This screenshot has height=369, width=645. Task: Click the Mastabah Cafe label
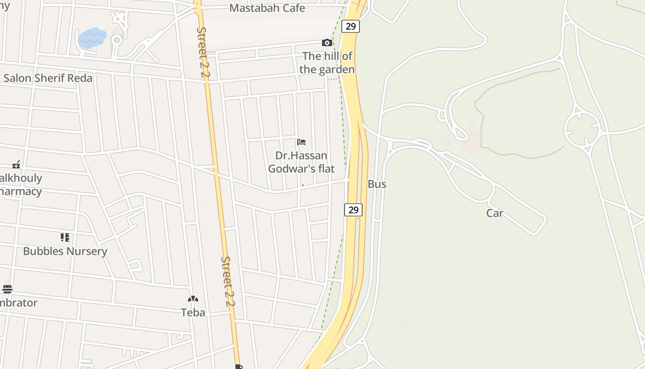coord(267,8)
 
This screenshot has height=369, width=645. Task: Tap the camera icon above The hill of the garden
coord(327,43)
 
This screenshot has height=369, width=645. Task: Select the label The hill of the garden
coord(327,63)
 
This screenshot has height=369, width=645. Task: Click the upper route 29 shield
coord(351,26)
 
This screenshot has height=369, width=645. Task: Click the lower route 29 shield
coord(353,210)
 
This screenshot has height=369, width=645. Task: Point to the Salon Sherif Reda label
coord(48,78)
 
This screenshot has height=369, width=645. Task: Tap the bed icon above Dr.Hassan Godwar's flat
coord(301,142)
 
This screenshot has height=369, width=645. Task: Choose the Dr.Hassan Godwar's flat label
coord(301,162)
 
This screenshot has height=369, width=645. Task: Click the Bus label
coord(377,184)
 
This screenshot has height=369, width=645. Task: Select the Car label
coord(495,213)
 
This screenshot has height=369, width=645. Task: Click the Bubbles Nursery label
coord(65,251)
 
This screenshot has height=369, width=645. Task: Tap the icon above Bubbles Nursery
coord(65,238)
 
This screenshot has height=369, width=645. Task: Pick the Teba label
coord(193,312)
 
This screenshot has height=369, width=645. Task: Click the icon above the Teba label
coord(193,299)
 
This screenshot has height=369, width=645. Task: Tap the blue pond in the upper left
coord(92,37)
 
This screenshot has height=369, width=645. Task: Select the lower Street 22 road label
coord(228,282)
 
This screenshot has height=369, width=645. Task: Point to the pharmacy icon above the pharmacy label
coord(17,165)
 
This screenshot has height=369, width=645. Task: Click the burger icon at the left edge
coord(7,289)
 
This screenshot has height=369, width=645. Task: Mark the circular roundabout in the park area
coord(581,129)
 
